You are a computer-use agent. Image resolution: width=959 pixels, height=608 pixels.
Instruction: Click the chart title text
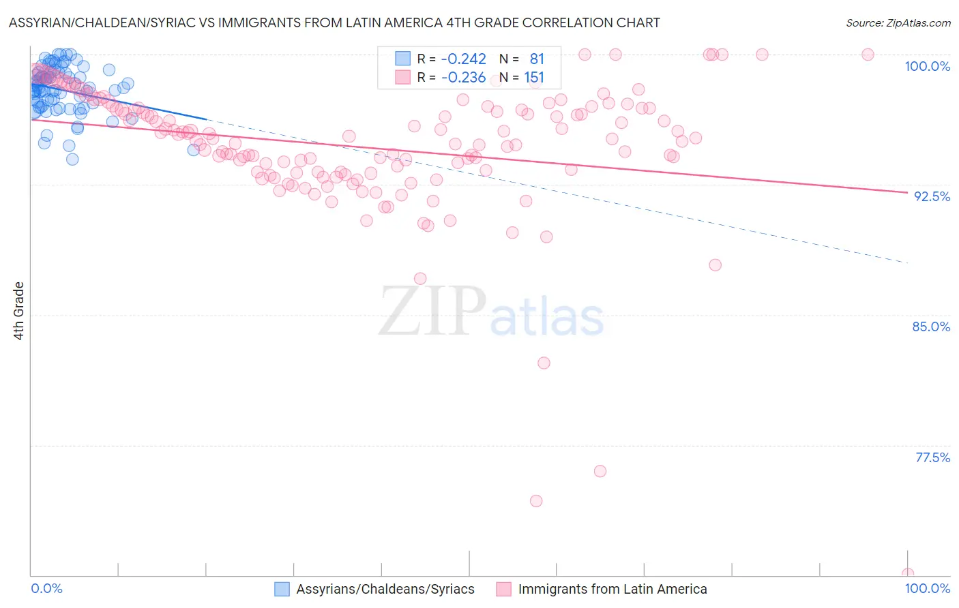pyautogui.click(x=334, y=22)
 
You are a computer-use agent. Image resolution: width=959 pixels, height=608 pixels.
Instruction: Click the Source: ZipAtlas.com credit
pyautogui.click(x=898, y=22)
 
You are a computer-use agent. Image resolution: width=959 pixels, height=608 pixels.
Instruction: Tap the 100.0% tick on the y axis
pyautogui.click(x=927, y=66)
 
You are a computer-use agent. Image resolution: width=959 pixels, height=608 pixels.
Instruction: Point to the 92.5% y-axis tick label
pyautogui.click(x=932, y=196)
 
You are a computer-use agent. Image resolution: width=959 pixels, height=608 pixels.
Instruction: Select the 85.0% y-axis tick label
pyautogui.click(x=931, y=326)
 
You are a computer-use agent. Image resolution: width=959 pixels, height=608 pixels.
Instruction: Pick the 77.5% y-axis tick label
pyautogui.click(x=932, y=457)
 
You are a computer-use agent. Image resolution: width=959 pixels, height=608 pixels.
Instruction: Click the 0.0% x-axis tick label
pyautogui.click(x=47, y=588)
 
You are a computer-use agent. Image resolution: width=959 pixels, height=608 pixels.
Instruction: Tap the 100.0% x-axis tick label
pyautogui.click(x=927, y=588)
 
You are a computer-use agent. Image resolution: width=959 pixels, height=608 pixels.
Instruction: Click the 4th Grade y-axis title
pyautogui.click(x=19, y=311)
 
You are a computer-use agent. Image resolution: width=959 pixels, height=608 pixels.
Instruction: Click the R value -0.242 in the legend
pyautogui.click(x=463, y=59)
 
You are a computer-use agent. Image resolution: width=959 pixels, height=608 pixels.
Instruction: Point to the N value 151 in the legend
pyautogui.click(x=534, y=78)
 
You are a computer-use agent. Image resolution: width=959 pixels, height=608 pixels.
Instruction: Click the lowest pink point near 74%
pyautogui.click(x=536, y=501)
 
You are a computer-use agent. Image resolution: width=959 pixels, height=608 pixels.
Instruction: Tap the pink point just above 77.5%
pyautogui.click(x=600, y=471)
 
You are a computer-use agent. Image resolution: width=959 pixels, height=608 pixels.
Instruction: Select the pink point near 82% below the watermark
pyautogui.click(x=544, y=363)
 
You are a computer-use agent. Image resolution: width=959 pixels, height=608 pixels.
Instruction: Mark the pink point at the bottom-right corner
pyautogui.click(x=907, y=574)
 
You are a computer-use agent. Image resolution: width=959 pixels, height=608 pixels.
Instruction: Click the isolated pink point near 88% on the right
pyautogui.click(x=715, y=265)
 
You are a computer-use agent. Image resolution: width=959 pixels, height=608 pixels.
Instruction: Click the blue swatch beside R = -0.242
pyautogui.click(x=403, y=59)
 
